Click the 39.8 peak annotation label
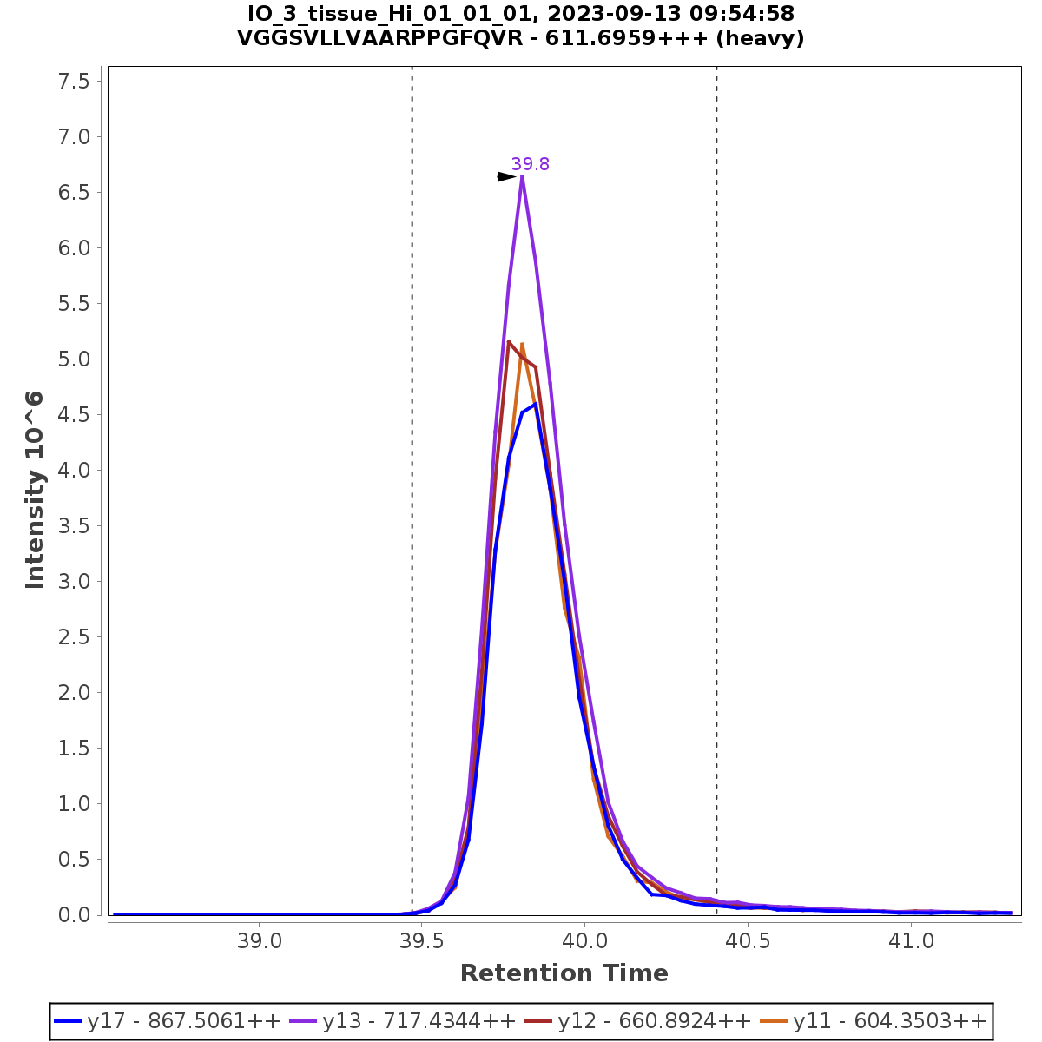coord(530,164)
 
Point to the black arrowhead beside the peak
coord(506,177)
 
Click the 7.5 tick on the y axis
coord(73,82)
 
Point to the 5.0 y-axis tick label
coord(73,359)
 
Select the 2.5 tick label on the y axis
coord(73,637)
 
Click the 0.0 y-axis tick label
coord(73,915)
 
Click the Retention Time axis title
coord(564,973)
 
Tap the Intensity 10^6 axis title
coord(35,490)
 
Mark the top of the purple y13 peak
coord(522,176)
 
